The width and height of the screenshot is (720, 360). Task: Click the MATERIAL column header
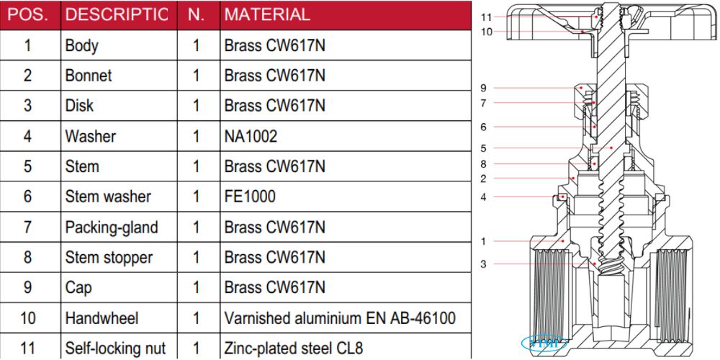[x=267, y=14]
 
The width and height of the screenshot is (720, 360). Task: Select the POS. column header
[x=28, y=14]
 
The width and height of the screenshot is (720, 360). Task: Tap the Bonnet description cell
[x=89, y=76]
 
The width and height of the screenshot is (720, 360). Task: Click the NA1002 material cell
[x=251, y=136]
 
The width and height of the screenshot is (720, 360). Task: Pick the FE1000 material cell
[x=250, y=197]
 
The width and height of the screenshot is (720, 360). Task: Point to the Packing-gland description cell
[x=112, y=228]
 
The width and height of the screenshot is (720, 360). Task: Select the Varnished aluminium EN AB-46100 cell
[x=340, y=318]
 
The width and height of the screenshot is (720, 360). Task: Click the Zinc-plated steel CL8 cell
[x=294, y=348]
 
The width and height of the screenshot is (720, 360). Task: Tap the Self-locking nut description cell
[x=115, y=348]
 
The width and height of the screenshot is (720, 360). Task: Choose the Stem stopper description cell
[x=109, y=257]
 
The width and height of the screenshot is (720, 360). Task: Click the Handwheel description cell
[x=102, y=318]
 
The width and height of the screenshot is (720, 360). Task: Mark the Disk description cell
[x=79, y=106]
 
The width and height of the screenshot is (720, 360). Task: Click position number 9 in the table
[x=28, y=287]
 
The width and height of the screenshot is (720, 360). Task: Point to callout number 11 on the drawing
[x=486, y=17]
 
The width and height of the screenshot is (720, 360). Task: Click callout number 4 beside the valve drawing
[x=484, y=197]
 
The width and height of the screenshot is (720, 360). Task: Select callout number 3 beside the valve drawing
[x=484, y=264]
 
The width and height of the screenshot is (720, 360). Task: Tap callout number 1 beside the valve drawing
[x=484, y=241]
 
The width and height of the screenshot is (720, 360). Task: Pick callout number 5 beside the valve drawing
[x=484, y=148]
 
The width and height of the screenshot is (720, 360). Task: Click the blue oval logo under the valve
[x=545, y=342]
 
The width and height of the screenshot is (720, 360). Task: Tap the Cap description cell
[x=78, y=287]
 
